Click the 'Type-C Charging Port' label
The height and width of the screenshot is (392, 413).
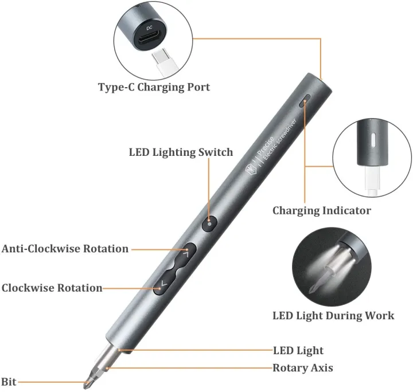click(154, 88)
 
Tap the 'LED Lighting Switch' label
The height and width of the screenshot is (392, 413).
click(181, 152)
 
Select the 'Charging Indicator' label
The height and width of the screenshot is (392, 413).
click(321, 210)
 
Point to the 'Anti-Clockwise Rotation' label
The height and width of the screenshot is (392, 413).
click(65, 249)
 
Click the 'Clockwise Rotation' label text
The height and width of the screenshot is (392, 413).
click(52, 288)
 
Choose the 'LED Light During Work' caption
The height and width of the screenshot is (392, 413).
click(333, 315)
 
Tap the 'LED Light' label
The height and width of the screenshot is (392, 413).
click(298, 350)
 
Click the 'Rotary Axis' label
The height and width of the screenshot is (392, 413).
click(303, 367)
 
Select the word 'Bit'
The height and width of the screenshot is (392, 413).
click(9, 382)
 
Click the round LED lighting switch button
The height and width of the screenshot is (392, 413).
click(211, 224)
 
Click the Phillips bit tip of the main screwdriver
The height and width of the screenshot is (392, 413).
click(90, 379)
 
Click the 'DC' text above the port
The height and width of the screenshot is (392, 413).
click(149, 26)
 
